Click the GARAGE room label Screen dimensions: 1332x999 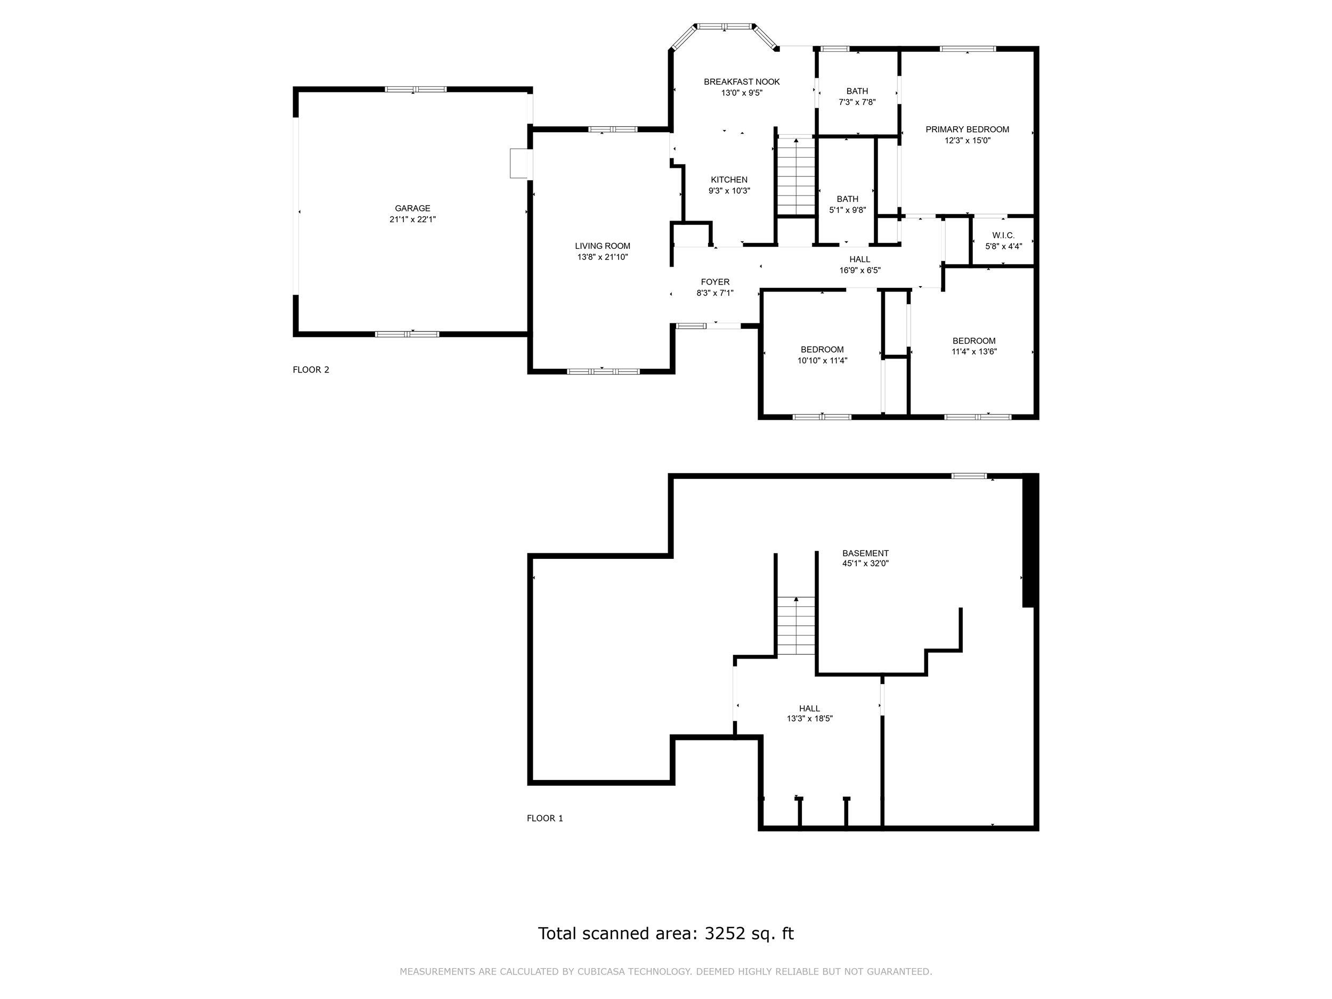point(412,208)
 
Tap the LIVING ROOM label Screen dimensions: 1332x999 point(602,246)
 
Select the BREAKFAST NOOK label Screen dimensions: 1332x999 point(742,82)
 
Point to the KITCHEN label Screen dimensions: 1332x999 point(729,180)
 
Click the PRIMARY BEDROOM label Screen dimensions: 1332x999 point(967,129)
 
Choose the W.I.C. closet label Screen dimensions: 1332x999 point(1003,235)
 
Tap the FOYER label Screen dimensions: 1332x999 point(715,282)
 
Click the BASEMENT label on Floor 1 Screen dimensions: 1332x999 point(865,554)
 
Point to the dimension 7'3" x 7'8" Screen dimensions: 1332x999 point(857,102)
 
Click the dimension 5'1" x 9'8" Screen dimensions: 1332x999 point(847,210)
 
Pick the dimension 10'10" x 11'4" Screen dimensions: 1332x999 point(822,361)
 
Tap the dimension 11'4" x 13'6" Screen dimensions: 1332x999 point(974,352)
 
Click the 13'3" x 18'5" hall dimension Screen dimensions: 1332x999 point(809,718)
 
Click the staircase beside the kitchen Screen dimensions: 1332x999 point(795,176)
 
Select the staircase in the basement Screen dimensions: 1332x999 point(795,626)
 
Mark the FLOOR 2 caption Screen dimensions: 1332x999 point(311,370)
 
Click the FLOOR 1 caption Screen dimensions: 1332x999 point(545,818)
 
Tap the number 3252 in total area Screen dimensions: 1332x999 point(725,933)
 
